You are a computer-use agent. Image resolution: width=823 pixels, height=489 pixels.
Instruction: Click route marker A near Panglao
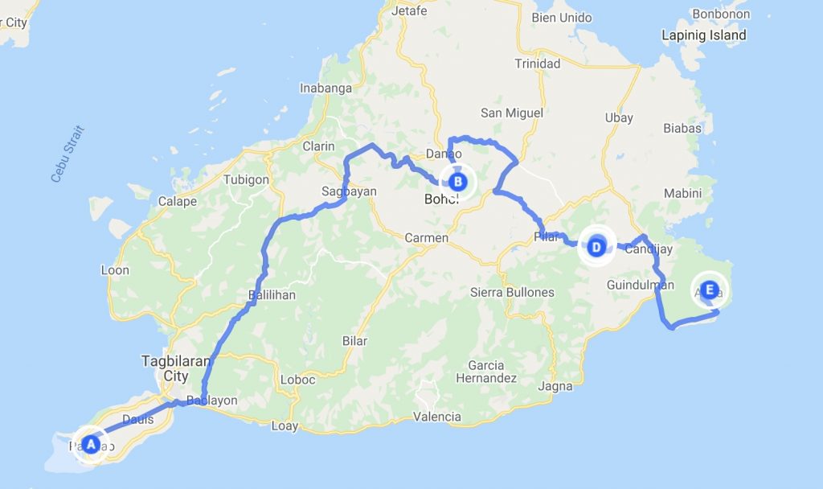(x=91, y=444)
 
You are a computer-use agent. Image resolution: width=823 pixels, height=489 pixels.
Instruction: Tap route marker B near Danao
(x=457, y=182)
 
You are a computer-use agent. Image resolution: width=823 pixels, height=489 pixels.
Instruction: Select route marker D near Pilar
(x=596, y=246)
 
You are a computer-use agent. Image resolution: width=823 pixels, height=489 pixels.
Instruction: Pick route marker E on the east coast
(x=709, y=290)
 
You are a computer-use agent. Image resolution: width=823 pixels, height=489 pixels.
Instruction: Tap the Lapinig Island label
(x=703, y=35)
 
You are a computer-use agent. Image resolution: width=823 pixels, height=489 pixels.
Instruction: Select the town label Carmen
(x=426, y=238)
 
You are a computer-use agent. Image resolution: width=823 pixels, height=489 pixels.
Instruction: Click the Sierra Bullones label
(x=512, y=292)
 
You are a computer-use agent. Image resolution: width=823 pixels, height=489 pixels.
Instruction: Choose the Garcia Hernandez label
(x=485, y=372)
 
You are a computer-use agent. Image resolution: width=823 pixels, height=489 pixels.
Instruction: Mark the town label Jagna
(x=555, y=386)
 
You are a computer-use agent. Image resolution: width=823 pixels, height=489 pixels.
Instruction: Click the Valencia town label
(x=436, y=417)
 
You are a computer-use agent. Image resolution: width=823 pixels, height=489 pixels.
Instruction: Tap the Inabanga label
(x=326, y=88)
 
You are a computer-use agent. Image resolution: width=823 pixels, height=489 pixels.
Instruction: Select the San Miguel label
(x=512, y=113)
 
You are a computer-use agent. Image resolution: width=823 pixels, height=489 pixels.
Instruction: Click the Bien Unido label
(x=562, y=18)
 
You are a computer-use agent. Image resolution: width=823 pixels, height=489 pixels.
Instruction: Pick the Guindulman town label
(x=641, y=286)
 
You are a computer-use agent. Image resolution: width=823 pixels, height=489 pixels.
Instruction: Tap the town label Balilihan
(x=272, y=295)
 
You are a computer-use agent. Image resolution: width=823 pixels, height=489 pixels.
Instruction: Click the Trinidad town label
(x=538, y=64)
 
